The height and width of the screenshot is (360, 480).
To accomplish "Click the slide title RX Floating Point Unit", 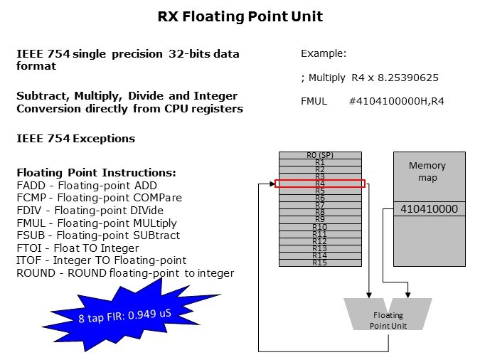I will point(240,16).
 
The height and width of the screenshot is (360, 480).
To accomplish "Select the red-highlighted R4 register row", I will point(320,184).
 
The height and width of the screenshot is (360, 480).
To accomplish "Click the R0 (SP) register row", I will point(320,155).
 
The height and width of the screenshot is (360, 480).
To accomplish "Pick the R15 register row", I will point(320,263).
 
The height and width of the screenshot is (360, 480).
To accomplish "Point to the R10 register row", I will point(320,227).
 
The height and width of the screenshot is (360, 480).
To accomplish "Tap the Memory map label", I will point(427,171).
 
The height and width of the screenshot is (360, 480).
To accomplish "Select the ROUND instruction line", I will point(124,273).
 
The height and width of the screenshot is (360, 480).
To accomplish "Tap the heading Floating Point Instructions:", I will point(96,172).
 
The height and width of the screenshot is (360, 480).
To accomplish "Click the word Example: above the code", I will point(324,53).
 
